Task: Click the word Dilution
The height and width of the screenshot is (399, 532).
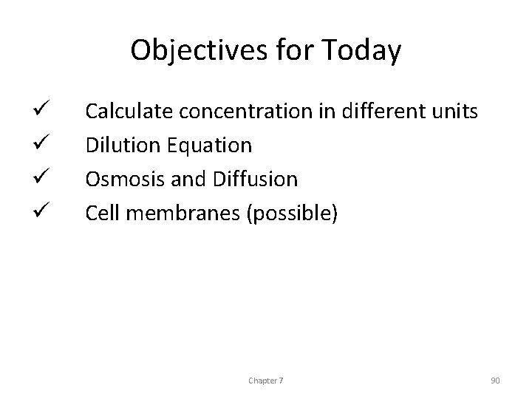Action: coord(121,146)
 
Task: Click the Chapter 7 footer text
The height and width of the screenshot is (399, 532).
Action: coord(266,380)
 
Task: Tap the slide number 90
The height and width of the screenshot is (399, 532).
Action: coord(495,380)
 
